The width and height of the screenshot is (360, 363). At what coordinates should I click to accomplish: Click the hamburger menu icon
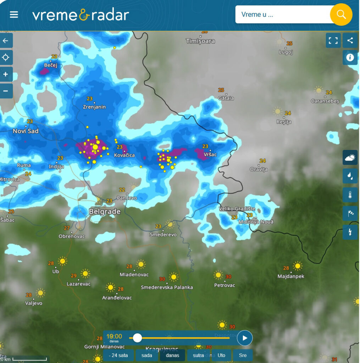14,15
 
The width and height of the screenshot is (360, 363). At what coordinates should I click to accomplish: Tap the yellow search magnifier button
341,15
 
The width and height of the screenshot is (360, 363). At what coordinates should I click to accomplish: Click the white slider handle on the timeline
137,338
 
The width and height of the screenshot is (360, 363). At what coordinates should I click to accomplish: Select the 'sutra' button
198,355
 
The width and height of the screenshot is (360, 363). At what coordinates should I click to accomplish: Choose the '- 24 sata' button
118,355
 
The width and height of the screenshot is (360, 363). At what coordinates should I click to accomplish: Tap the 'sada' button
146,355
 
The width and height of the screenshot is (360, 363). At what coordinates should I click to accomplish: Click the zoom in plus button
6,74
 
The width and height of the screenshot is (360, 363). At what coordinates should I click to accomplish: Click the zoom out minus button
6,91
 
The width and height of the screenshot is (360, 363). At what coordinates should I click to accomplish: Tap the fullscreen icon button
333,40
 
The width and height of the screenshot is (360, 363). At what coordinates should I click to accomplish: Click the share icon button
350,40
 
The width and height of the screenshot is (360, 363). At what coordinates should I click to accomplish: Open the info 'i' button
350,57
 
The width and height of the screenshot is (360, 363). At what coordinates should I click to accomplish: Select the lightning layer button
350,232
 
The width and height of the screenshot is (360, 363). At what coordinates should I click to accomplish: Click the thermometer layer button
350,195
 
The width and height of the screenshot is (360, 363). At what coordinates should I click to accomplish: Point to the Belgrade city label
105,212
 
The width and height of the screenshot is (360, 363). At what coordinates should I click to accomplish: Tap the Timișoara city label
200,41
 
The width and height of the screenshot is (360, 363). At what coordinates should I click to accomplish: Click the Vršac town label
210,155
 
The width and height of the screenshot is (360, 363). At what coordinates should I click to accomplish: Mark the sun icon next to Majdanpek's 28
298,266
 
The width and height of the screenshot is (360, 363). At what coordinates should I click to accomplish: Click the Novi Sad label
26,131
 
